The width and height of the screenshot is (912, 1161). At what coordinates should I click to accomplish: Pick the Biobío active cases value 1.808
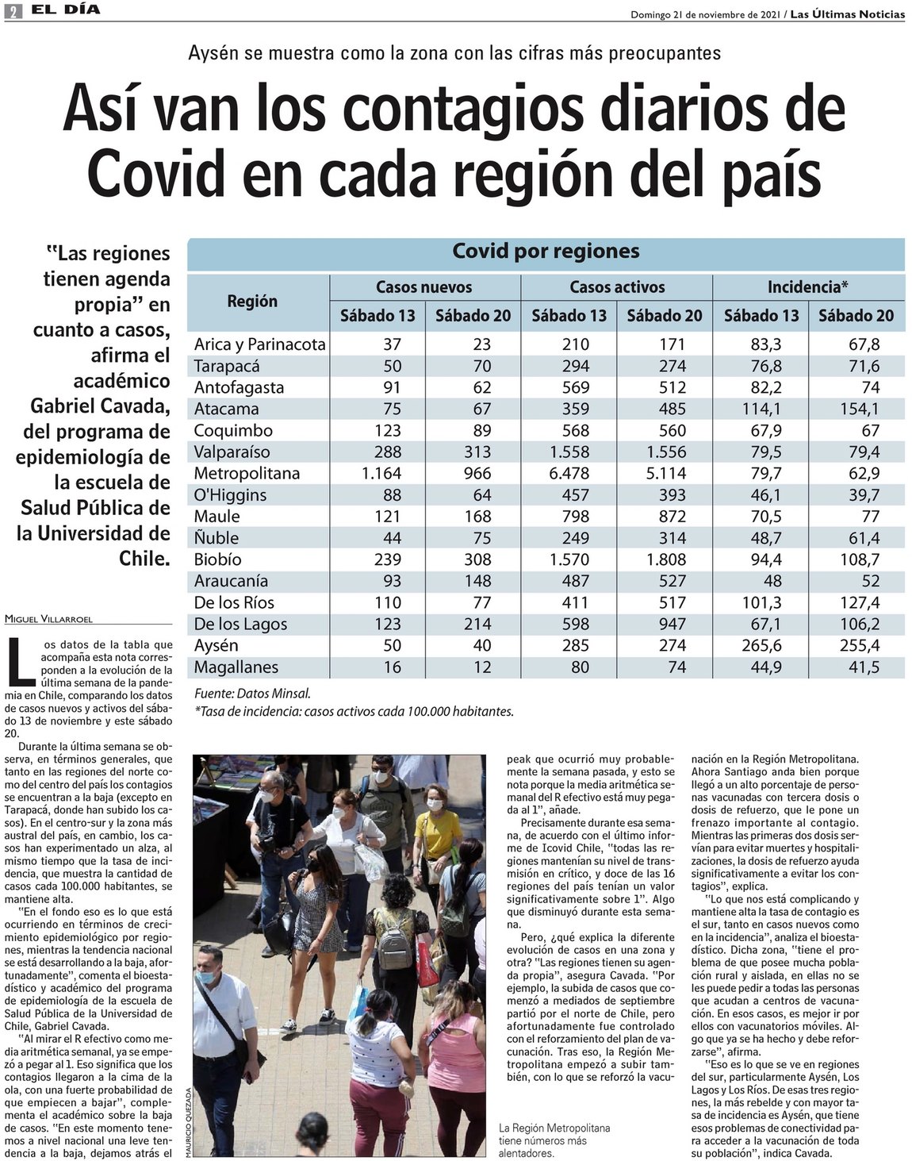pos(664,559)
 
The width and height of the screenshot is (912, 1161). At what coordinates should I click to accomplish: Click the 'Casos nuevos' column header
pos(423,287)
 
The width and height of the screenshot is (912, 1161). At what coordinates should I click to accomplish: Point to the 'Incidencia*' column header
pos(807,287)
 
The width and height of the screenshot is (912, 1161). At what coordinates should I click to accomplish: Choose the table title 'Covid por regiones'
pos(546,252)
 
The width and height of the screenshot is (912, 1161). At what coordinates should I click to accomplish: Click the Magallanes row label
pos(236,667)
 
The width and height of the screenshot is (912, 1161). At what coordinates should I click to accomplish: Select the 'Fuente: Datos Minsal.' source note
pos(252,693)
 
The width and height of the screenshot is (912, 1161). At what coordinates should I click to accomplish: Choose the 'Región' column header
pos(252,302)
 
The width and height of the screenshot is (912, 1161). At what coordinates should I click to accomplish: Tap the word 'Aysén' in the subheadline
pos(213,53)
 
